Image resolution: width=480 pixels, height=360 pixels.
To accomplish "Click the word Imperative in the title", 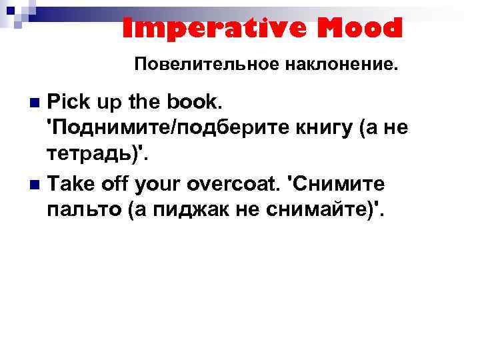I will pos(203,28).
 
